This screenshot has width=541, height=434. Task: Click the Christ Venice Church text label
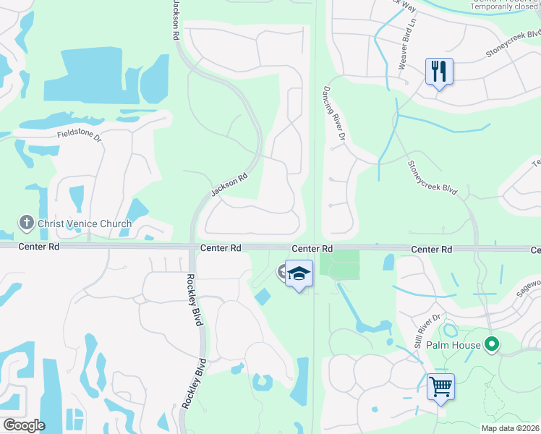(x=86, y=224)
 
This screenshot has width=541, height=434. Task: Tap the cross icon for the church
(x=26, y=223)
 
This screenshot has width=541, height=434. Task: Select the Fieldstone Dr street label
(x=79, y=135)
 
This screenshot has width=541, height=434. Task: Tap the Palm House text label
(x=454, y=345)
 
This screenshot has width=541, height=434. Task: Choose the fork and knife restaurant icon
(x=439, y=72)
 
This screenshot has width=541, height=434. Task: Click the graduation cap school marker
(x=299, y=273)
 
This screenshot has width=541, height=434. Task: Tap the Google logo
(x=24, y=425)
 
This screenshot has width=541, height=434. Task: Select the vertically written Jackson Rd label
(x=176, y=20)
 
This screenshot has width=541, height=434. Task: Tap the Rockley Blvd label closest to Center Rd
(x=194, y=299)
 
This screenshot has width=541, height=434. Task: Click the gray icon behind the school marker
(x=282, y=272)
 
